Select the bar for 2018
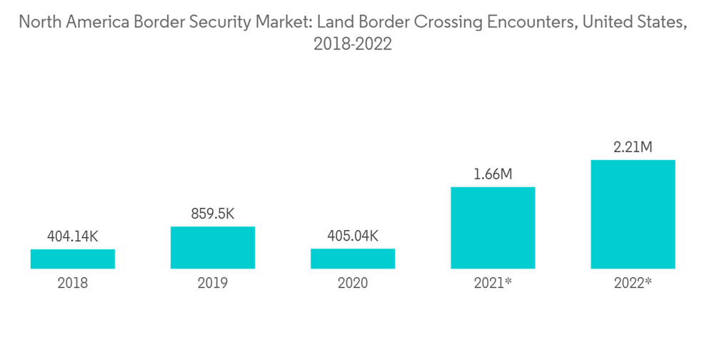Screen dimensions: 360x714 (x=72, y=259)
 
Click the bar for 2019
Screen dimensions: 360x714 (x=212, y=247)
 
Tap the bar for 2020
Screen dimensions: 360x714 (x=352, y=259)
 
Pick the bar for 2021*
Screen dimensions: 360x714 (x=493, y=228)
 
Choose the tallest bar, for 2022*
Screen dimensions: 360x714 (x=633, y=214)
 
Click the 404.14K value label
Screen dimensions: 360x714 (x=72, y=237)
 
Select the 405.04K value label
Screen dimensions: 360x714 (x=352, y=236)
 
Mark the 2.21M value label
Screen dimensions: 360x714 (x=633, y=148)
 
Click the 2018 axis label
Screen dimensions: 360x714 (x=72, y=283)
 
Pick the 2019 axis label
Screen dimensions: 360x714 (x=212, y=283)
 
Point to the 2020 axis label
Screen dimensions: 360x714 (x=352, y=283)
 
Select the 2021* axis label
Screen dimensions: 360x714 (x=493, y=283)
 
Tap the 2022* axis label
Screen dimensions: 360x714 (x=633, y=283)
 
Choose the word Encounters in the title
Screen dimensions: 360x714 (x=528, y=21)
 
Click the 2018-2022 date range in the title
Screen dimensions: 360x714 (x=353, y=44)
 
